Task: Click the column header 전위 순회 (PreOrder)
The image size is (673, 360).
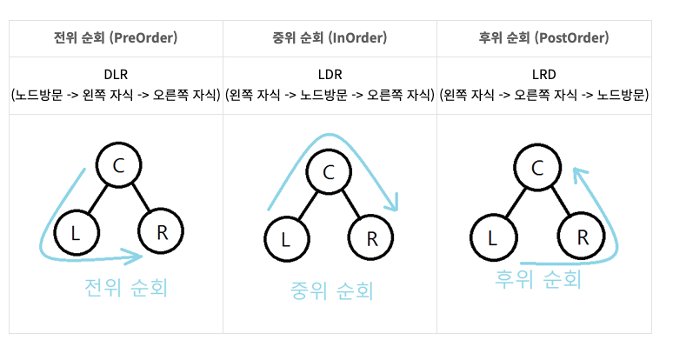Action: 116,38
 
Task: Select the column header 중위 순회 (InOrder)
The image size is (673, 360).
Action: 330,38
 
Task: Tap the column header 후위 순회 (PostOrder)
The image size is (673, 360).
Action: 543,38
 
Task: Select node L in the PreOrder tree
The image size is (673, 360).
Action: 76,232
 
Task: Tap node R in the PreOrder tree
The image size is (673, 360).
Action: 161,230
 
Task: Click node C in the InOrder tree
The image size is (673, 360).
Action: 329,171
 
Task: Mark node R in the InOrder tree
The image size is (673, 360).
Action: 371,237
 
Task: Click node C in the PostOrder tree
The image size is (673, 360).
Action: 538,166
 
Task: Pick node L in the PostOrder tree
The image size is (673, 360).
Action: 493,236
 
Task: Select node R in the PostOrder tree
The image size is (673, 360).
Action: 582,235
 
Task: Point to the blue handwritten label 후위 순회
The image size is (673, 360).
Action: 536,279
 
